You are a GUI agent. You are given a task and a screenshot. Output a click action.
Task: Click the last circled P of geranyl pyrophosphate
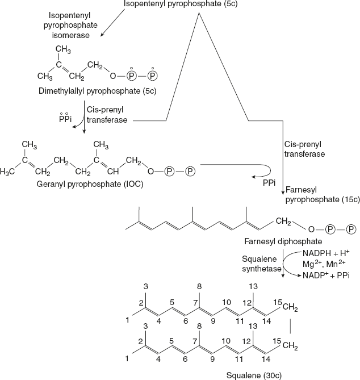pos(190,170)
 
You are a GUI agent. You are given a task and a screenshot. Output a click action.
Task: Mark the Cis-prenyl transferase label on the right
pos(305,149)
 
